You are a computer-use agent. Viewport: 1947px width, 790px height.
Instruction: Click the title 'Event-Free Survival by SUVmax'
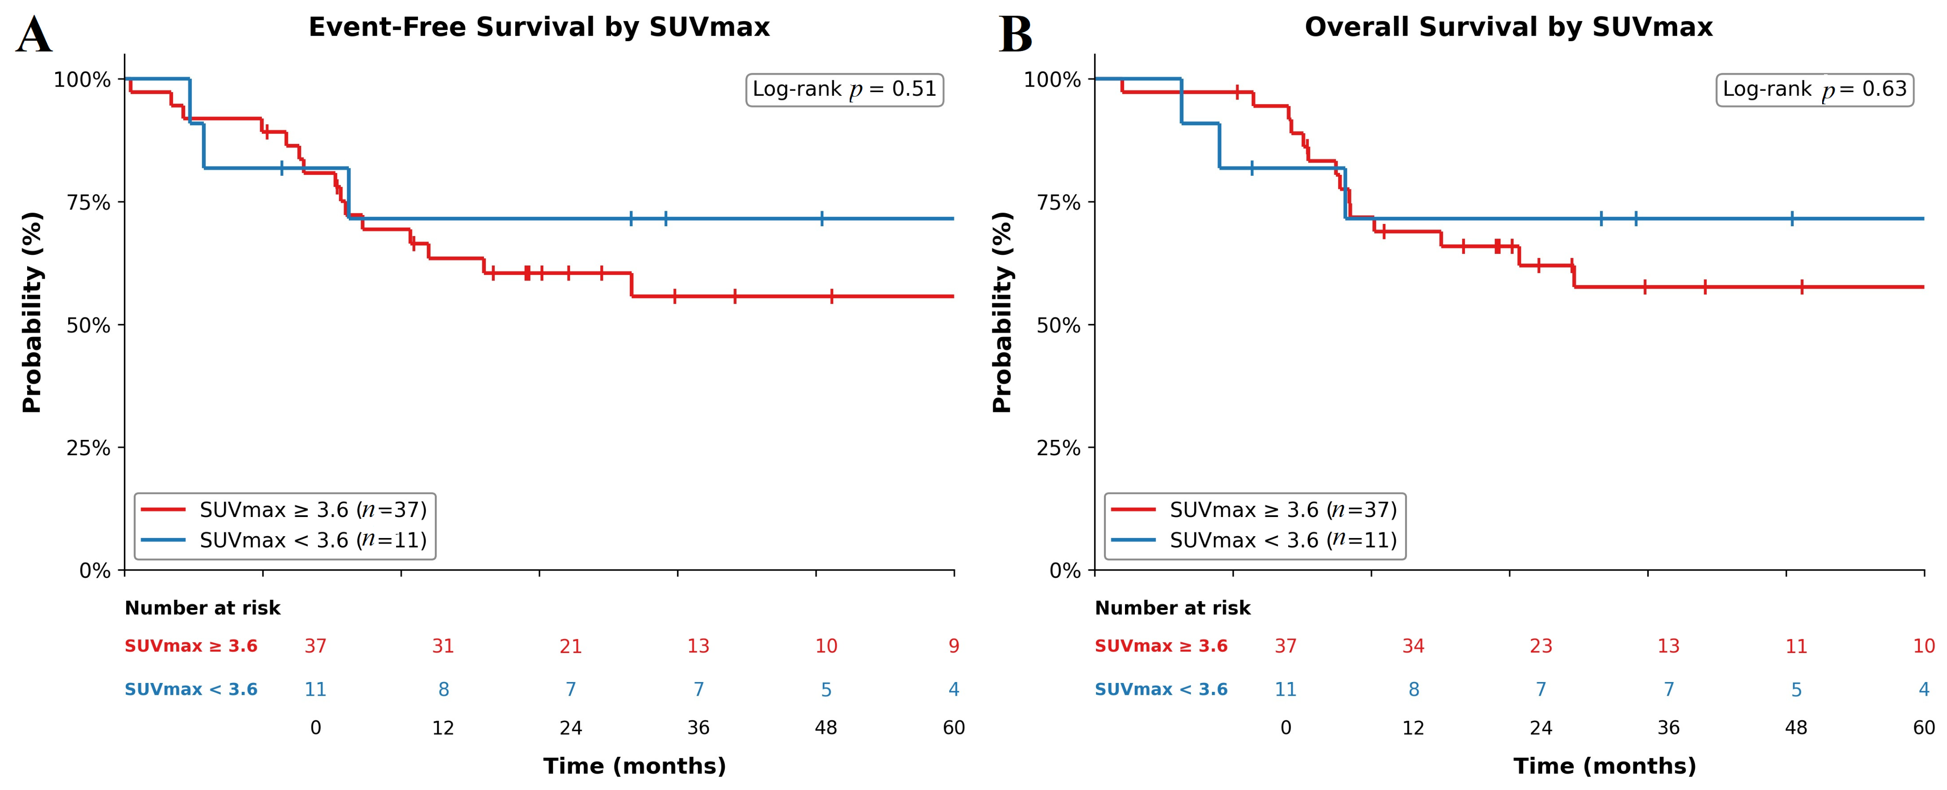[x=539, y=27]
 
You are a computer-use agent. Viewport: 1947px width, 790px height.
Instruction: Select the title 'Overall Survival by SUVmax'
[x=1508, y=27]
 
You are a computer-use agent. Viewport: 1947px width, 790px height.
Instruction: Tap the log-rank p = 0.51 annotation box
[x=844, y=90]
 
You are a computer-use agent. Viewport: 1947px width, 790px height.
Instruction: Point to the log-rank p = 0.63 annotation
[x=1815, y=90]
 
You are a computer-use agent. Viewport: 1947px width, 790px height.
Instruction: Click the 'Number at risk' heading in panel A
[x=202, y=608]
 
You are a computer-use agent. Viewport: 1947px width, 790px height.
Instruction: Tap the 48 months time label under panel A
[x=826, y=728]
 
